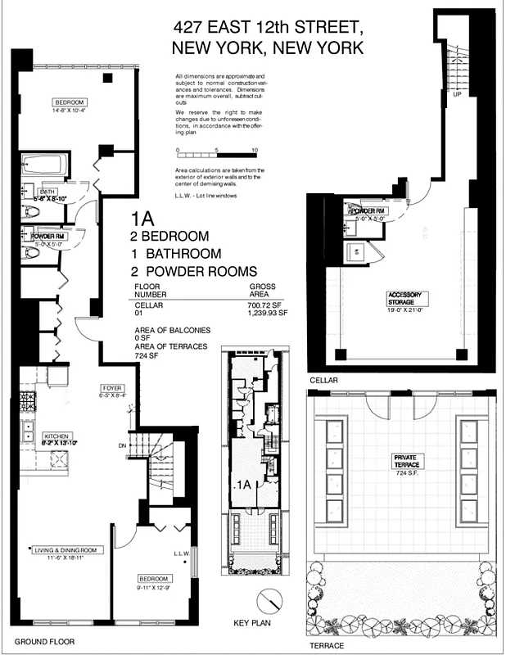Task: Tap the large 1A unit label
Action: coord(145,219)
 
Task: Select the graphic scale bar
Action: coord(217,154)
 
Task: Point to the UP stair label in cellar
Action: coord(457,94)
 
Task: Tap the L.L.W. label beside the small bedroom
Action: coord(181,553)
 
